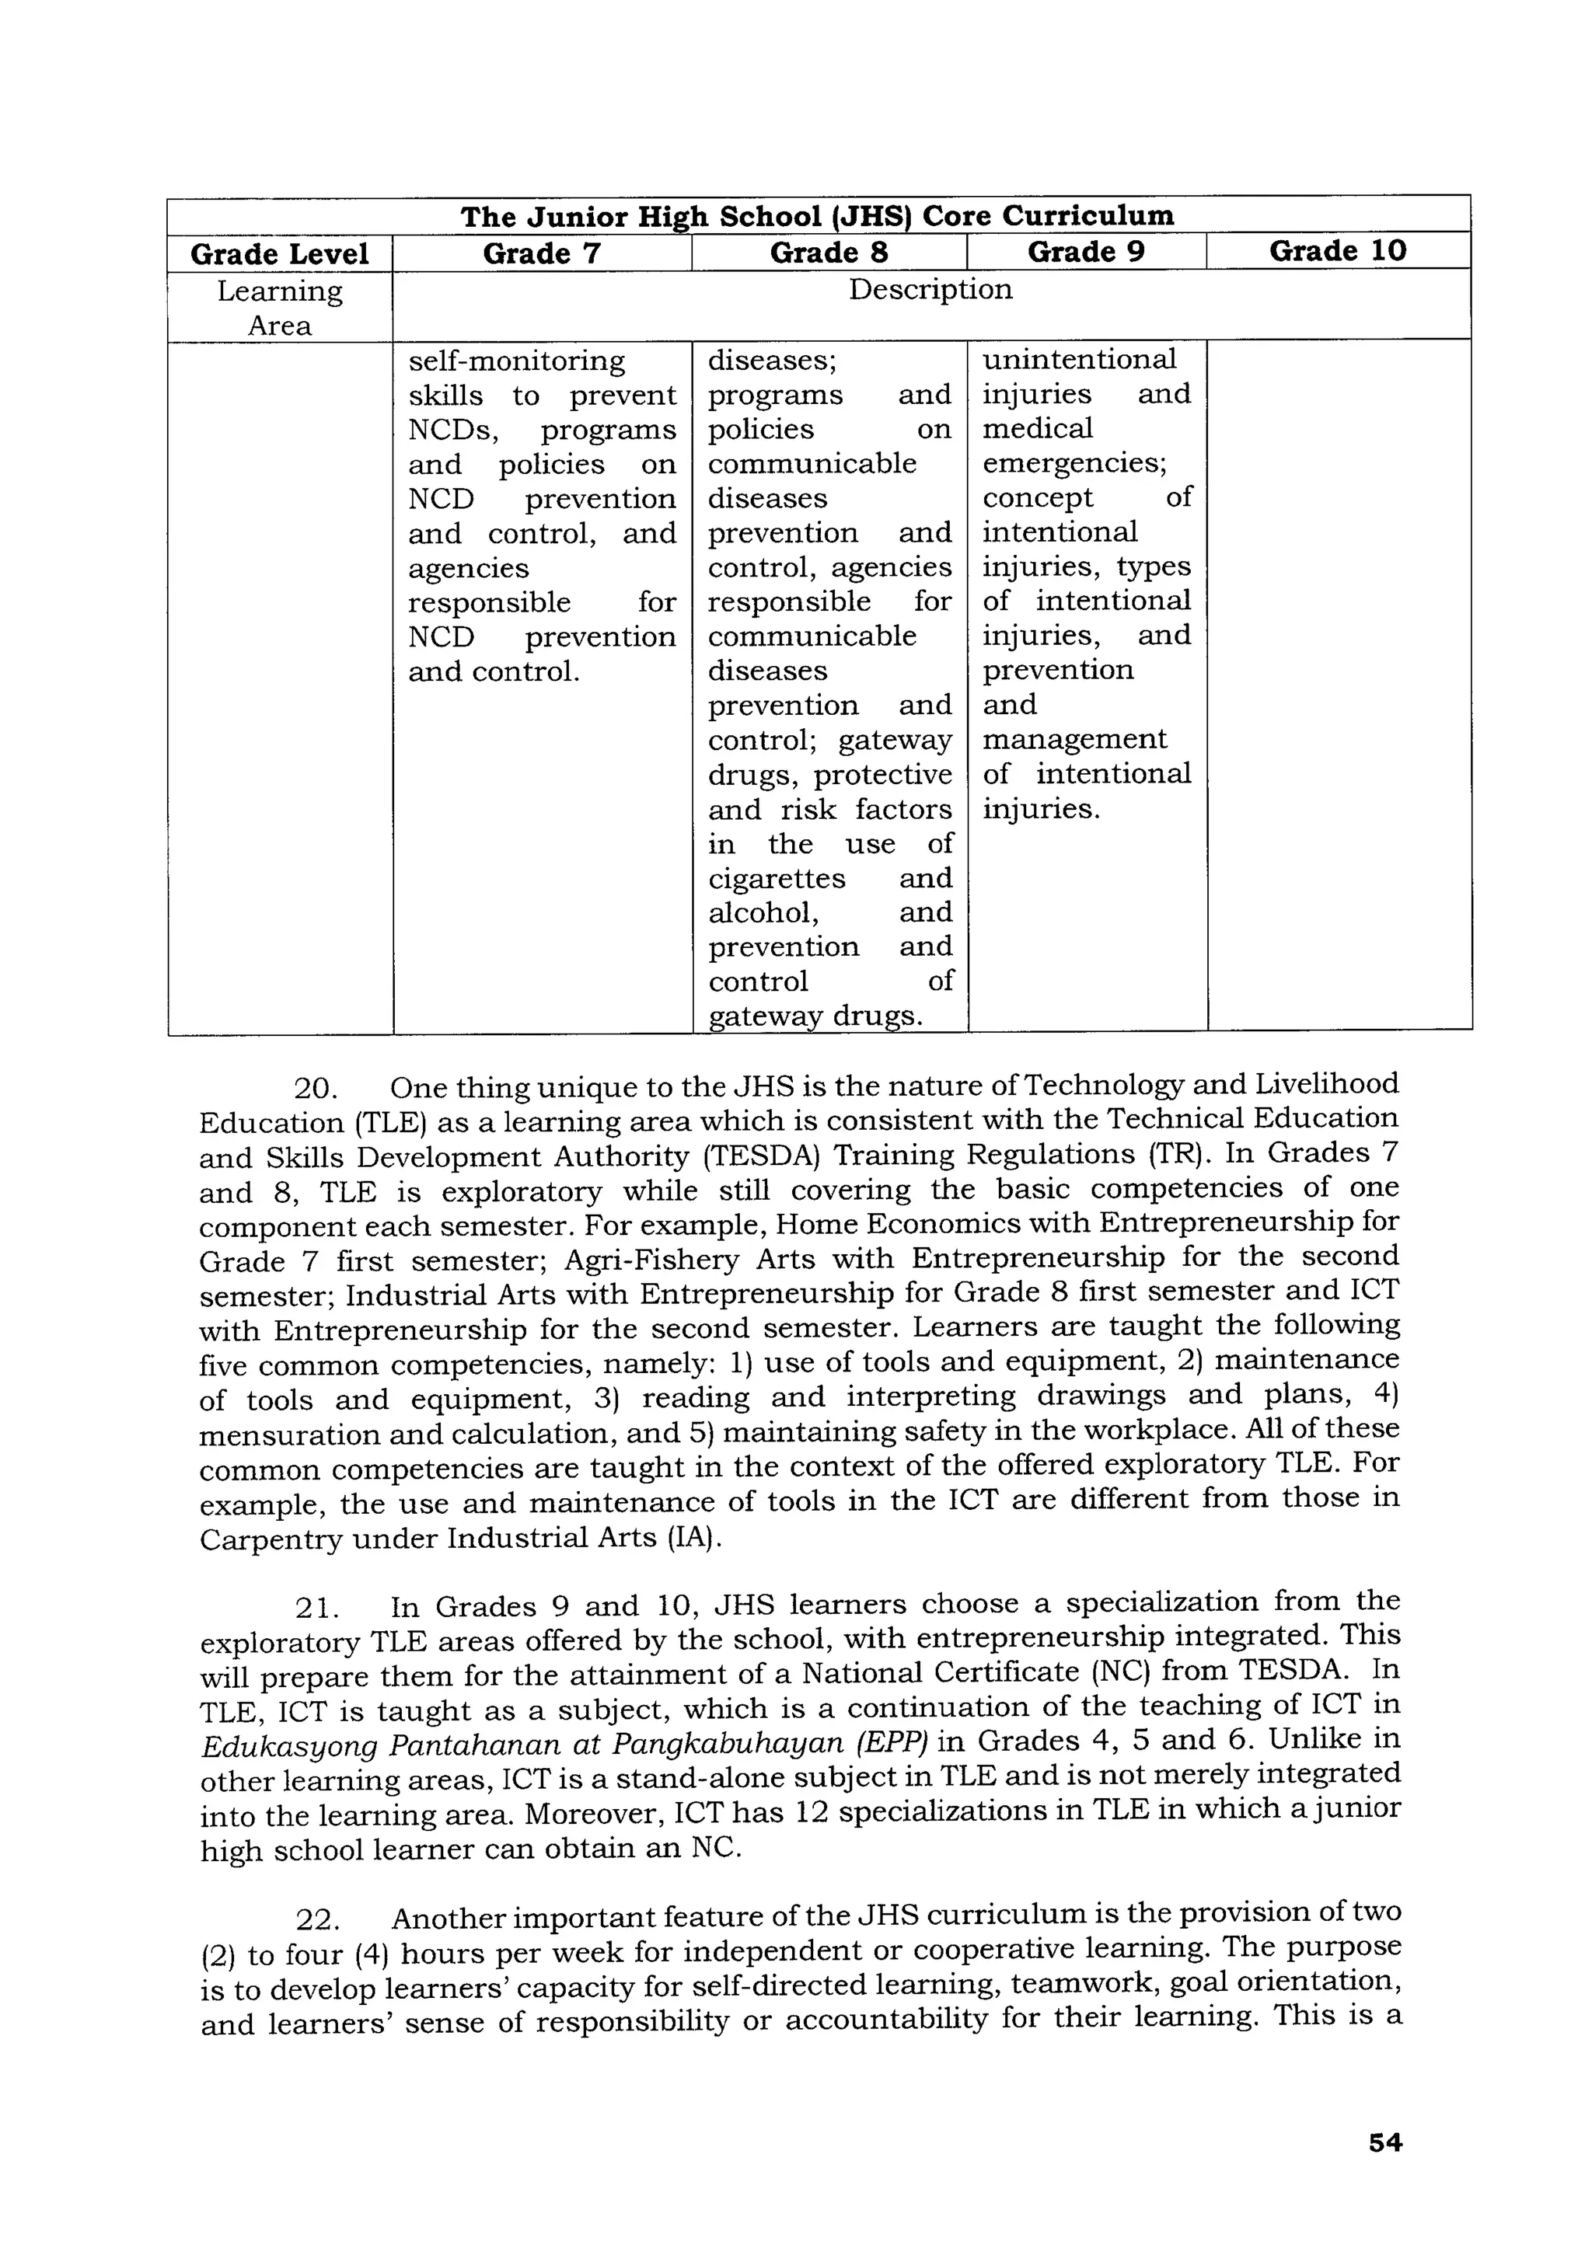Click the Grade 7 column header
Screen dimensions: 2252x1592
542,253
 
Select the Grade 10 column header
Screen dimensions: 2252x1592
1337,251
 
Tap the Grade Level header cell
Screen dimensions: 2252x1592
280,254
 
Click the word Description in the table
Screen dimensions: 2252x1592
930,289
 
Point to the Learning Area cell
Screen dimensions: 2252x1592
280,308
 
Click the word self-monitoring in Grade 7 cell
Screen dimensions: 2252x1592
516,361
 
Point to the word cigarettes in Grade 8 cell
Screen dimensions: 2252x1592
777,878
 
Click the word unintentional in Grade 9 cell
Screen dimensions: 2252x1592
1079,359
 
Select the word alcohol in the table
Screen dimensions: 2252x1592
762,912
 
